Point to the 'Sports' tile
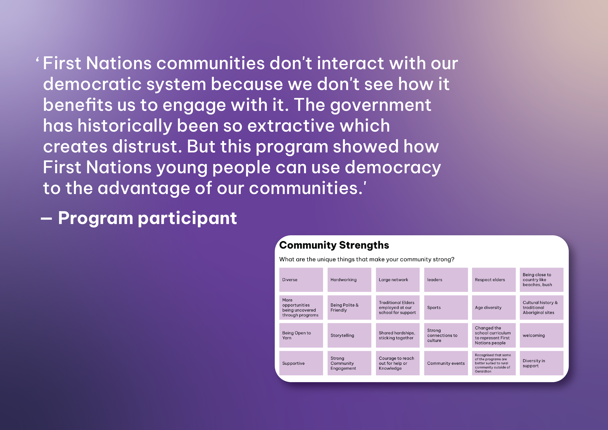(x=446, y=308)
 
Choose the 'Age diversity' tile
(x=494, y=308)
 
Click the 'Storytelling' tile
(x=349, y=335)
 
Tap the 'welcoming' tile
(x=542, y=335)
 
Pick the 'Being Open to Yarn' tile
(x=301, y=335)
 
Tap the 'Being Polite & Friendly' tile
(x=349, y=308)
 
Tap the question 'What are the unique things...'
(x=367, y=259)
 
